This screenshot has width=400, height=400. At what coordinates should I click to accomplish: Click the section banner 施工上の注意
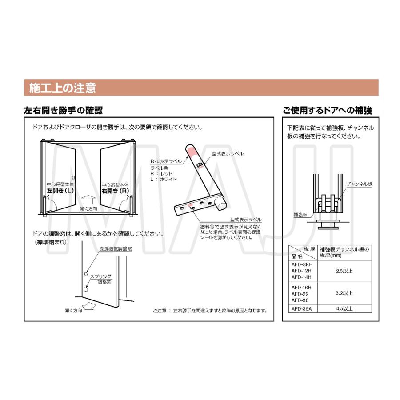pyautogui.click(x=62, y=88)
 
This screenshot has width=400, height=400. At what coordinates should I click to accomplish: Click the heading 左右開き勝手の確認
pyautogui.click(x=63, y=110)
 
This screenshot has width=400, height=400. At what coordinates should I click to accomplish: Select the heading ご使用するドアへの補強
pyautogui.click(x=327, y=110)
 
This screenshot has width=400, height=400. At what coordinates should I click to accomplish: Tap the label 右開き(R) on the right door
pyautogui.click(x=115, y=191)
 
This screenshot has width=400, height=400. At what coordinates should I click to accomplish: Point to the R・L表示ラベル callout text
pyautogui.click(x=166, y=162)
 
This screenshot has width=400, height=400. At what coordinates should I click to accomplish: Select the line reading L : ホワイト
pyautogui.click(x=164, y=179)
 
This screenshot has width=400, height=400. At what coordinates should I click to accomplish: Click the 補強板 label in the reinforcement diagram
pyautogui.click(x=300, y=214)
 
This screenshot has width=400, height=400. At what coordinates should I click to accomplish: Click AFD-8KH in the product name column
pyautogui.click(x=302, y=264)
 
